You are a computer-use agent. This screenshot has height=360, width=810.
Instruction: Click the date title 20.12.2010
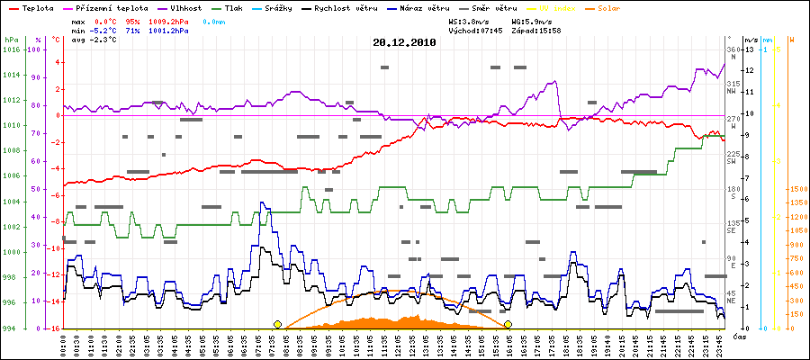404,41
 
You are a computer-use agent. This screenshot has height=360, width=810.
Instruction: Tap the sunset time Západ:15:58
536,31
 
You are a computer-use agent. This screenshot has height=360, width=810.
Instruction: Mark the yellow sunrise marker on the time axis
277,324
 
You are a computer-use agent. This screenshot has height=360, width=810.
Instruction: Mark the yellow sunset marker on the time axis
508,324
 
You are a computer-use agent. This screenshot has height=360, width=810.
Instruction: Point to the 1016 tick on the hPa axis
10,49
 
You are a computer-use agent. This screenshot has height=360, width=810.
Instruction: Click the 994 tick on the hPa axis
10,328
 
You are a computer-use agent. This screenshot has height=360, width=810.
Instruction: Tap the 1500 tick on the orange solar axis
796,189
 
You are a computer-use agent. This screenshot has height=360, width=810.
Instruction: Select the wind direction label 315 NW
733,87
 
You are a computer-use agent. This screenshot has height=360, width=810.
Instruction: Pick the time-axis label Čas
737,337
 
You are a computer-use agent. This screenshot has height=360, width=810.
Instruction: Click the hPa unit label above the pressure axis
10,40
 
